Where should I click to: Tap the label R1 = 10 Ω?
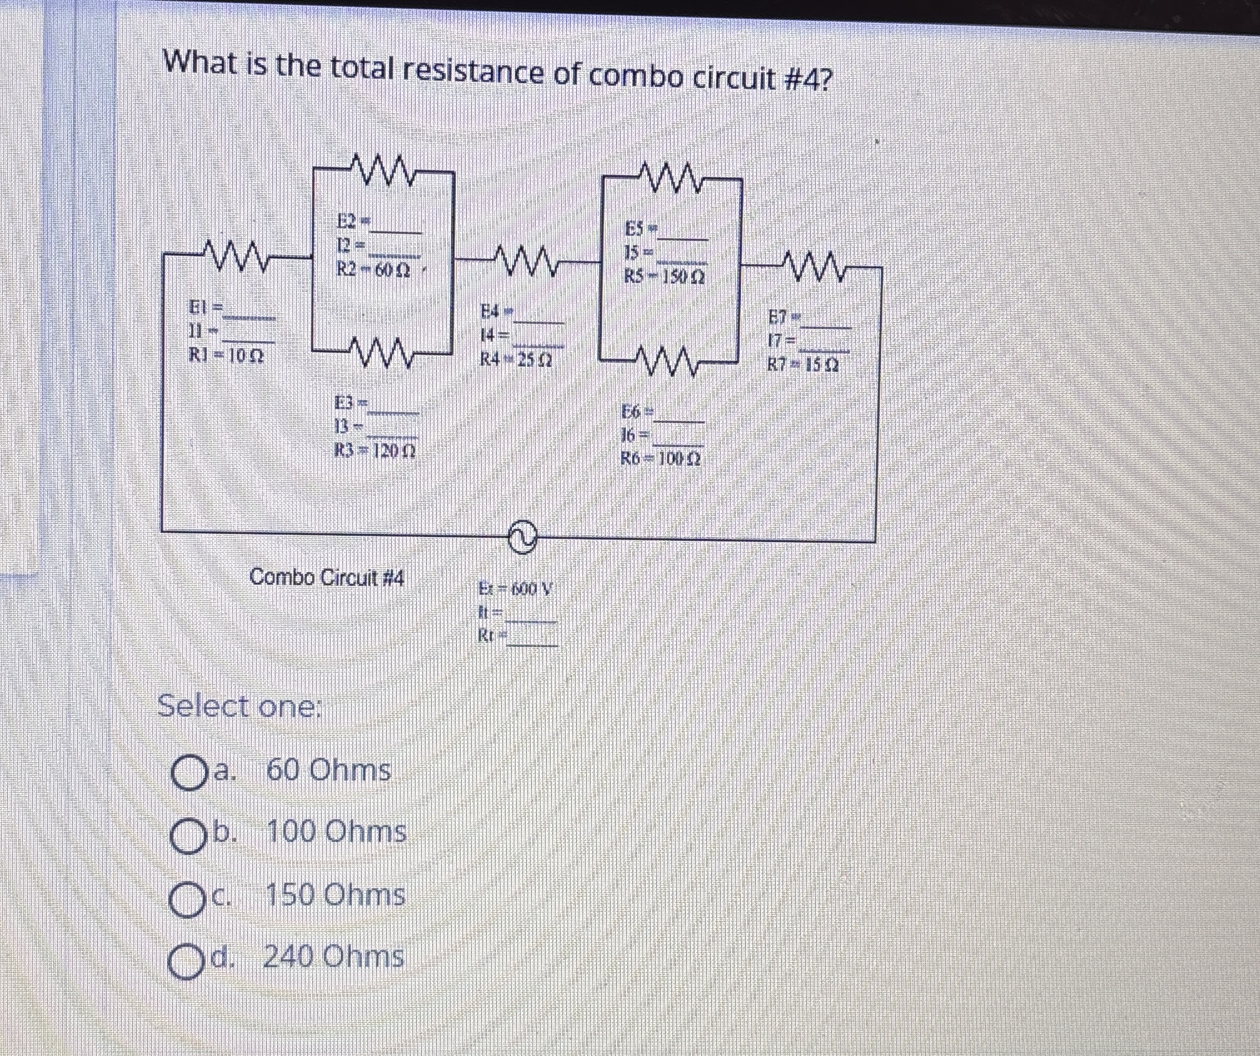[226, 356]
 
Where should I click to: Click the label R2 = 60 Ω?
[373, 269]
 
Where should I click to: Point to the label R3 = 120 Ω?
[375, 450]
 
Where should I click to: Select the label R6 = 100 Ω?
[660, 458]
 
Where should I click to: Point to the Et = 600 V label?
[515, 588]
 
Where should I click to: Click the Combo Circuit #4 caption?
[326, 576]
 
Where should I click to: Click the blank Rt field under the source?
[532, 638]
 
